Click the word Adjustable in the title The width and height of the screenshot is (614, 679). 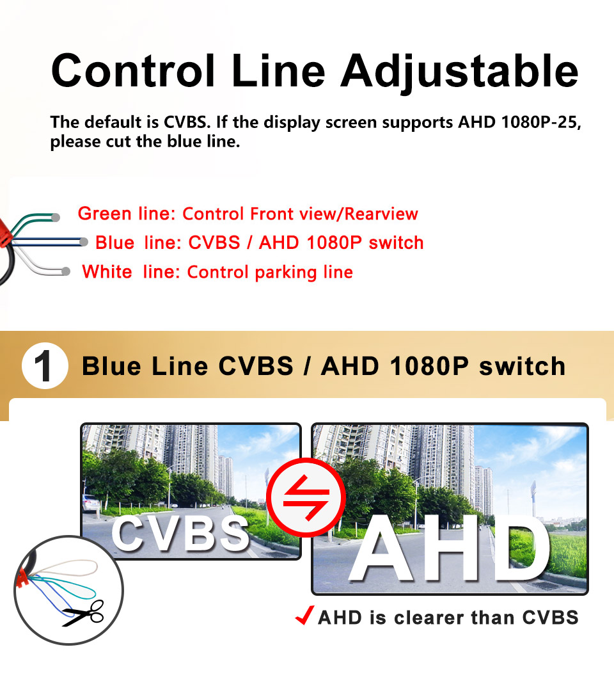(459, 71)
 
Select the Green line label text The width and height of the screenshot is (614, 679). (248, 214)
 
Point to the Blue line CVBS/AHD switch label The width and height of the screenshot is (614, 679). (259, 243)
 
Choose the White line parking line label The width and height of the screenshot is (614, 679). (217, 273)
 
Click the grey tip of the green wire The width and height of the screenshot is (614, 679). (56, 218)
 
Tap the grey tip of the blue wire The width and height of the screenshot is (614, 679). (84, 242)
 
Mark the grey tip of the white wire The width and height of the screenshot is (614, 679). (66, 271)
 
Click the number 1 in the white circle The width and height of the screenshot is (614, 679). (44, 367)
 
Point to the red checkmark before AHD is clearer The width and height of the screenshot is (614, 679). (304, 617)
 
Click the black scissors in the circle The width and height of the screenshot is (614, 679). (84, 613)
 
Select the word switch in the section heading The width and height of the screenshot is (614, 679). (522, 367)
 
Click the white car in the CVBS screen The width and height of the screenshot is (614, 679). (91, 503)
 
